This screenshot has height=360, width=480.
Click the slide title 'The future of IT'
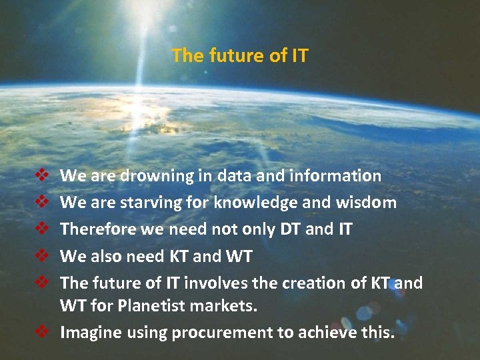[x=240, y=55]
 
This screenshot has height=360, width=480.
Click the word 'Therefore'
[x=95, y=229]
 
